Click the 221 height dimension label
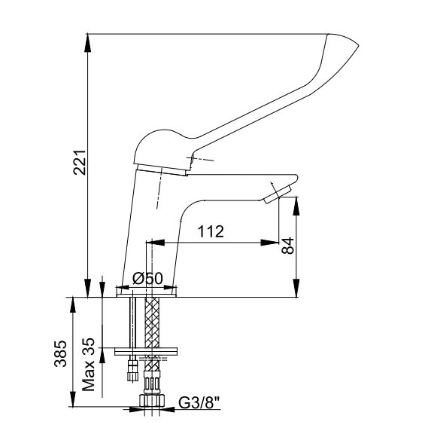pyautogui.click(x=80, y=163)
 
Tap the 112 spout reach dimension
pyautogui.click(x=211, y=231)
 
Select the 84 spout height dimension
pyautogui.click(x=288, y=246)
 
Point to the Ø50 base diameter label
pyautogui.click(x=147, y=279)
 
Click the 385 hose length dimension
pyautogui.click(x=60, y=353)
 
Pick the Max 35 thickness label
pyautogui.click(x=89, y=365)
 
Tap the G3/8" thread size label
pyautogui.click(x=199, y=402)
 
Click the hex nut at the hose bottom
pyautogui.click(x=152, y=400)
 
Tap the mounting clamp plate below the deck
pyautogui.click(x=146, y=351)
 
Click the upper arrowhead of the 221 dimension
pyautogui.click(x=87, y=42)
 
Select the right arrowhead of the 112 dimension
pyautogui.click(x=270, y=243)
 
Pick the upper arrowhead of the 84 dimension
pyautogui.click(x=296, y=206)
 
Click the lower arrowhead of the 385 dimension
pyautogui.click(x=73, y=398)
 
